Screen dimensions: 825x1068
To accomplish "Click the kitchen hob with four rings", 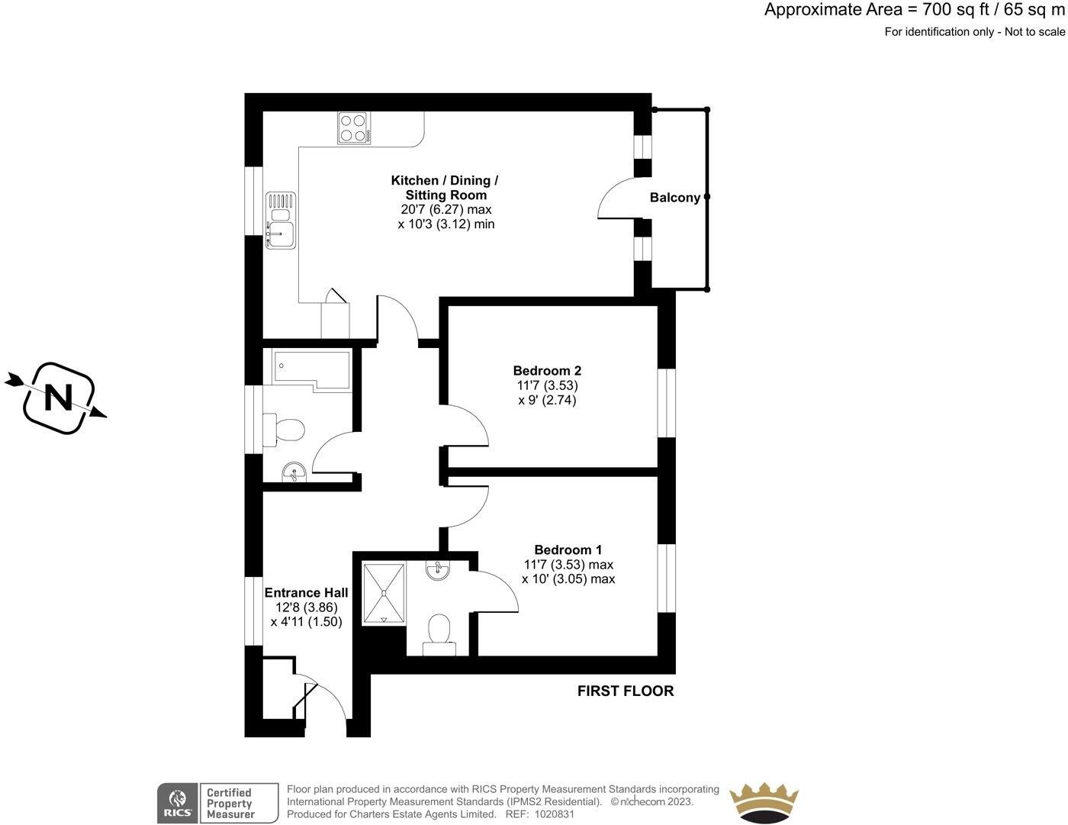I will [x=354, y=128].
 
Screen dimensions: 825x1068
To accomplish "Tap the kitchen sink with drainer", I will [x=278, y=221].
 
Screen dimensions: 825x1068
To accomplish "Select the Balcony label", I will [x=674, y=198].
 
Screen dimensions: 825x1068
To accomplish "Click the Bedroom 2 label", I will [x=547, y=371].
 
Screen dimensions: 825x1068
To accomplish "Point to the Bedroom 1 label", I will [x=568, y=549].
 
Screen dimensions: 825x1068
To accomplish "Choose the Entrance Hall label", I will [x=306, y=593].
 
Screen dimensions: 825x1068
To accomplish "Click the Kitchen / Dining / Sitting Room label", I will [x=446, y=188].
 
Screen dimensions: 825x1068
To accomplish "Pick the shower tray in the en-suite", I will [x=384, y=594].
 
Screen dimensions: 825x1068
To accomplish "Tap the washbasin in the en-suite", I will [x=438, y=569].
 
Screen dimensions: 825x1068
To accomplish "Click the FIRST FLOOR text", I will [x=625, y=691].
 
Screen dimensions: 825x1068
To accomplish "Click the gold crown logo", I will [x=764, y=803].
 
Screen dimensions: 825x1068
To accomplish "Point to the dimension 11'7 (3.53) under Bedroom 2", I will [x=547, y=385].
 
